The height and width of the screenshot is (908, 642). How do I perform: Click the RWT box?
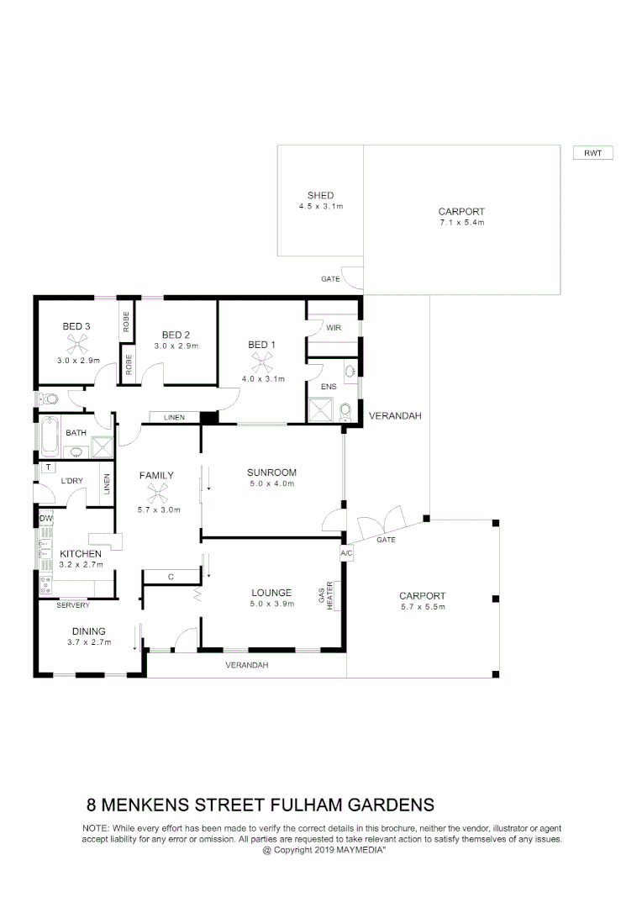(592, 153)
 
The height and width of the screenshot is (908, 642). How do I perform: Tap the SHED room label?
(320, 196)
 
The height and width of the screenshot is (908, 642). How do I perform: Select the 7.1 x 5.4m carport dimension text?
(461, 223)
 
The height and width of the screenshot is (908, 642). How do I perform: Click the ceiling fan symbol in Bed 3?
(77, 343)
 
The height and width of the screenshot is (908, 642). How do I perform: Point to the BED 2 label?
(177, 334)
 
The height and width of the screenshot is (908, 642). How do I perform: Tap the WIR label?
(333, 327)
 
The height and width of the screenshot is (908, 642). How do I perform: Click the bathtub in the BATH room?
(50, 437)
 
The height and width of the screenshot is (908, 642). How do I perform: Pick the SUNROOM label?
(271, 472)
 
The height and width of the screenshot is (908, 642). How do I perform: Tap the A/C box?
(346, 554)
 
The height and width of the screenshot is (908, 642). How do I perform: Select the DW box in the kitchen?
(45, 519)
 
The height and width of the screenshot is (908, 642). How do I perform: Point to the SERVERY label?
(72, 605)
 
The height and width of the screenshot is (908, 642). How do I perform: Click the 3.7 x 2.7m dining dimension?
(88, 643)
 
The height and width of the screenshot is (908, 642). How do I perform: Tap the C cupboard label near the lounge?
(170, 577)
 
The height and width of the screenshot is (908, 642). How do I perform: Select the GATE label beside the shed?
(330, 279)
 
